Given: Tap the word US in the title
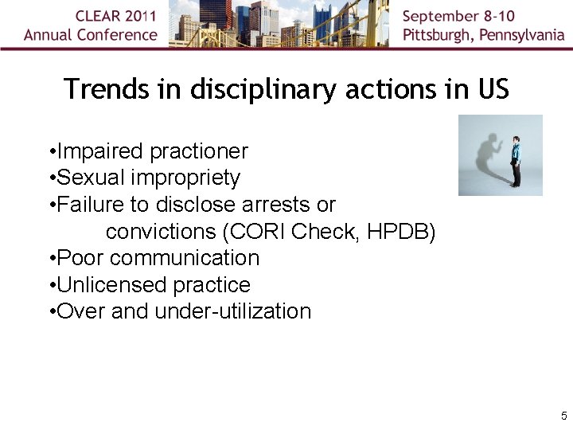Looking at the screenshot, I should pyautogui.click(x=493, y=89).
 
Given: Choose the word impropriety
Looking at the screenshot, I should pyautogui.click(x=185, y=178).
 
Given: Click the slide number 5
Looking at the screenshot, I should pyautogui.click(x=563, y=416).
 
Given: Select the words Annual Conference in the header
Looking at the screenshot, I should pyautogui.click(x=91, y=35).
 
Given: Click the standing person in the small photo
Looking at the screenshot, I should pyautogui.click(x=516, y=160).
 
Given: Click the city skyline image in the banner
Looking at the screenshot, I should pyautogui.click(x=280, y=24).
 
